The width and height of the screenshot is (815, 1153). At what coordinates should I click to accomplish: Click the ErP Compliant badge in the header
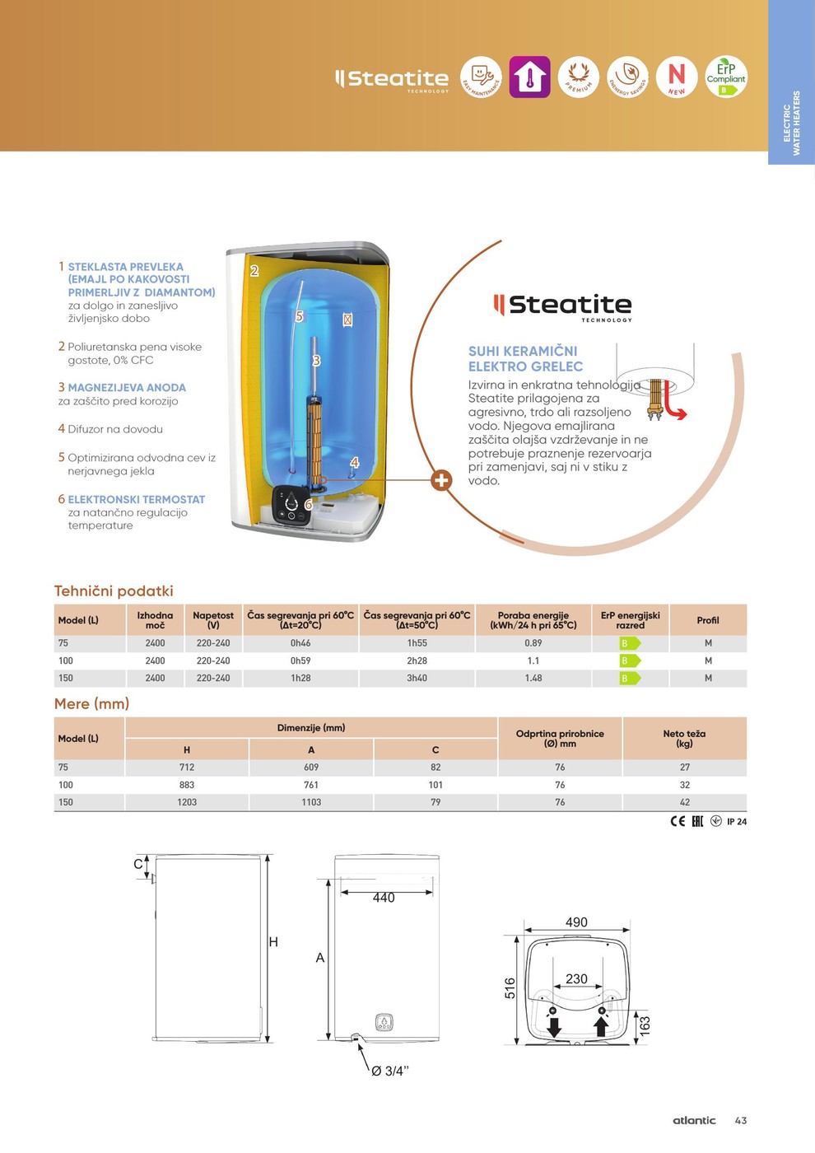(x=725, y=77)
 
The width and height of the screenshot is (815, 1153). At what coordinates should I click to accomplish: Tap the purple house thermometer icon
(x=529, y=77)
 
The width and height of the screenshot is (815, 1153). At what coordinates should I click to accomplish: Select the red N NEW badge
(x=677, y=77)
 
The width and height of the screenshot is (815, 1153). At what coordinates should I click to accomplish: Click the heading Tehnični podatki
(x=114, y=591)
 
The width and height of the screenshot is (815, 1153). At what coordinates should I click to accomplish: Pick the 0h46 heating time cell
(x=300, y=643)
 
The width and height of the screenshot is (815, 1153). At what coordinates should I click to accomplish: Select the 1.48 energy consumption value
(x=533, y=678)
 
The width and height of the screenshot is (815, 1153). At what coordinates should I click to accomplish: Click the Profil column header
(x=708, y=620)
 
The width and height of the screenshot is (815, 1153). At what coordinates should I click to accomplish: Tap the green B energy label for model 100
(x=630, y=661)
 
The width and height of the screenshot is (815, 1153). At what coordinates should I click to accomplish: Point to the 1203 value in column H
(x=187, y=802)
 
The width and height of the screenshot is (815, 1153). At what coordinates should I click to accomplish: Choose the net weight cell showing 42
(x=685, y=802)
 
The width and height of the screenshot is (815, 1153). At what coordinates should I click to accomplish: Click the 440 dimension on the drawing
(x=384, y=898)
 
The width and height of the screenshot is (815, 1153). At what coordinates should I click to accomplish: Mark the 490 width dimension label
(x=576, y=922)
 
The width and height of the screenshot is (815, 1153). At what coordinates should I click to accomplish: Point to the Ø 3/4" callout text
(x=389, y=1071)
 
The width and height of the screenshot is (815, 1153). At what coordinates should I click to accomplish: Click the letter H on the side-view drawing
(x=273, y=941)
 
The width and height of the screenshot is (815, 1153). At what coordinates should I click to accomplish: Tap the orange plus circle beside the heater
(x=442, y=480)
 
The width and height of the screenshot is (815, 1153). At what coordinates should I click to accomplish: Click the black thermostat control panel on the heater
(x=292, y=507)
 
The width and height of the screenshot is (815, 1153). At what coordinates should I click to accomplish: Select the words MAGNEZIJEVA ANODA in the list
(x=127, y=387)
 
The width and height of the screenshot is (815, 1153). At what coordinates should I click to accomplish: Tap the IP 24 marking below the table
(x=737, y=821)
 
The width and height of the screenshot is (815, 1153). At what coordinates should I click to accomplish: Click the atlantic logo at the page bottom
(x=694, y=1120)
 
